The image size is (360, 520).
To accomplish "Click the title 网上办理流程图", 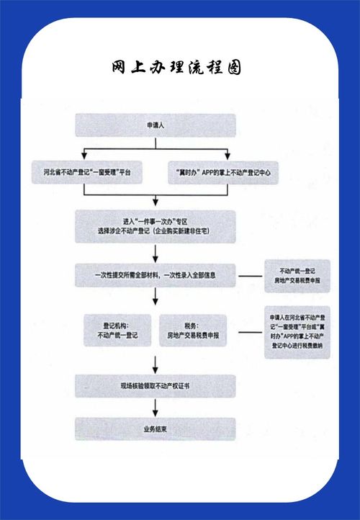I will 176,68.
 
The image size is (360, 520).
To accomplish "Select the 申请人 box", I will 156,125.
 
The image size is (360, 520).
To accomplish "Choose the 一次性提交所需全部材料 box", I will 156,274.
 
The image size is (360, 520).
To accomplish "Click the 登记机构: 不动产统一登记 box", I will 117,330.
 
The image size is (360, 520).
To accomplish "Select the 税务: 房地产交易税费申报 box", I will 194,330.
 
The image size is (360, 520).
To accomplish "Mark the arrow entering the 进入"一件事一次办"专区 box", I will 156,204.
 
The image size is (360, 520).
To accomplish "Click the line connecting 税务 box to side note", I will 249,332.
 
